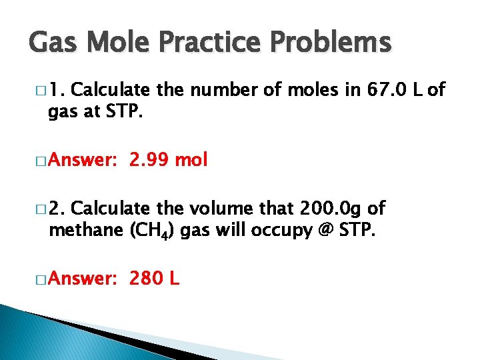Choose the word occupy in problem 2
tap(271, 231)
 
